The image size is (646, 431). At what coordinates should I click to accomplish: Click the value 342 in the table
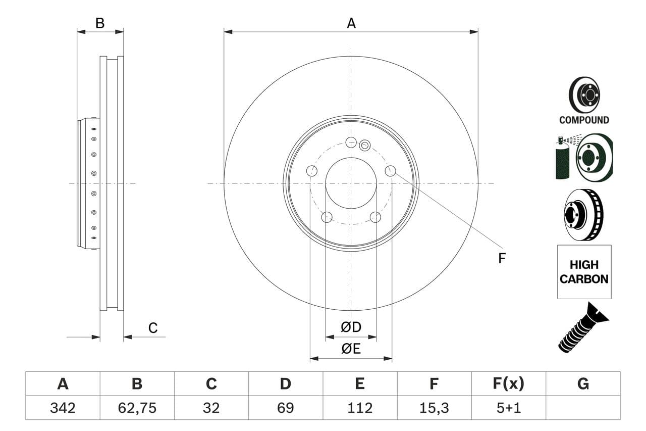[x=63, y=408]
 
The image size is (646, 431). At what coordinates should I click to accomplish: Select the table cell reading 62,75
[x=137, y=408]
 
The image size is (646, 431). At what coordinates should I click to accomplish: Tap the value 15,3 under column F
[x=434, y=408]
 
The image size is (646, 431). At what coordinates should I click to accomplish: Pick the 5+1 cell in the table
[x=508, y=408]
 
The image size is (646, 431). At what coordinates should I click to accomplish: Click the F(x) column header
[x=508, y=384]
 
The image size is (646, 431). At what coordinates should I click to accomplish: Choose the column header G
[x=583, y=384]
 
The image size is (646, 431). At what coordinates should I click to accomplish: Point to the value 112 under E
[x=360, y=408]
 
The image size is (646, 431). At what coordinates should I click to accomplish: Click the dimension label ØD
[x=351, y=327]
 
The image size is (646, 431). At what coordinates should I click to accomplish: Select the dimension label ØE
[x=351, y=349]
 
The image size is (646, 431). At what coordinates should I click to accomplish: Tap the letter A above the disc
[x=351, y=23]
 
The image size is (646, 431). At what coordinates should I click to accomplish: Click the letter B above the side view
[x=100, y=23]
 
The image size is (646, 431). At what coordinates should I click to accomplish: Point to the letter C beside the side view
[x=153, y=328]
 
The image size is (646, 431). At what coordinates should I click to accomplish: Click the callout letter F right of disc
[x=501, y=258]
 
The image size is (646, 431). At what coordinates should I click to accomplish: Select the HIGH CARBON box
[x=584, y=272]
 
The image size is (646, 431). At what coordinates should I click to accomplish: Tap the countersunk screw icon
[x=583, y=327]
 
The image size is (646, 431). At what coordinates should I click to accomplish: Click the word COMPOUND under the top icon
[x=584, y=120]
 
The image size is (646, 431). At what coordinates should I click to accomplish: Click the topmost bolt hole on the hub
[x=351, y=142]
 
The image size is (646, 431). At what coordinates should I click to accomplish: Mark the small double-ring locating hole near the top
[x=365, y=146]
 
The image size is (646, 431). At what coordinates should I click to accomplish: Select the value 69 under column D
[x=286, y=408]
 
